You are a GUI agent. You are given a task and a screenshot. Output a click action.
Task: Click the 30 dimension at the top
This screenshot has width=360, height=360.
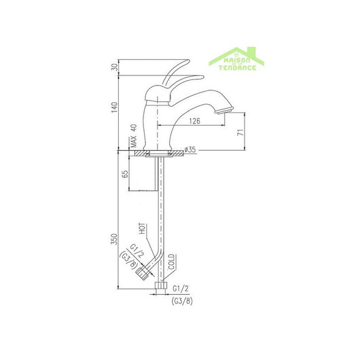(x=115, y=66)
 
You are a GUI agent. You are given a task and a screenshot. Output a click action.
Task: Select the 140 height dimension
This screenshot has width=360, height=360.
(x=115, y=107)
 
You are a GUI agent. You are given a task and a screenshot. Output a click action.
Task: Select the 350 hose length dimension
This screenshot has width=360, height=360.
(x=115, y=241)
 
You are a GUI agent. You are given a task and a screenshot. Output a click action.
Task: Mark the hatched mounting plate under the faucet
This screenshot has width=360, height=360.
(x=160, y=154)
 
